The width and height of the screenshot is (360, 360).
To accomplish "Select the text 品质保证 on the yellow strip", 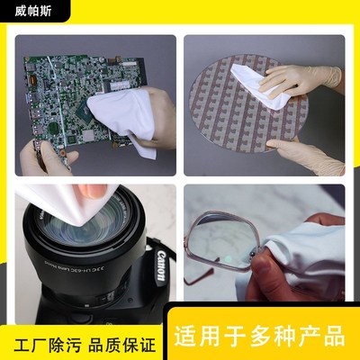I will click(125, 345).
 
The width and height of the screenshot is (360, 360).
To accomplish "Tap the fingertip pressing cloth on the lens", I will click(94, 191).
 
